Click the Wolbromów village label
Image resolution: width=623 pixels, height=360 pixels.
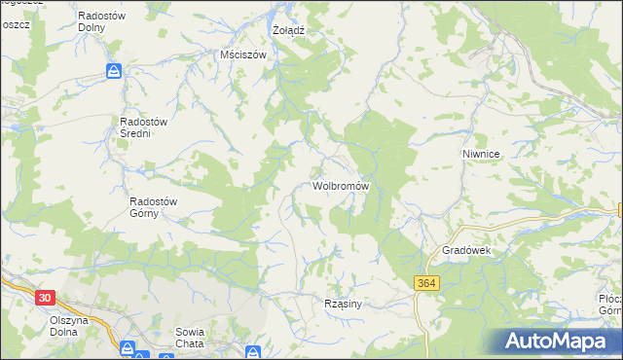(x=340, y=185)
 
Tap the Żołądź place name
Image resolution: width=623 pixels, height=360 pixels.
(x=288, y=30)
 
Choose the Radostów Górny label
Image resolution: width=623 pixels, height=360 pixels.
(x=153, y=207)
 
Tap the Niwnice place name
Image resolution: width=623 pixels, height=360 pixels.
(x=481, y=154)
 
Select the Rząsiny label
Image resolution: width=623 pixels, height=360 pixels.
(x=343, y=304)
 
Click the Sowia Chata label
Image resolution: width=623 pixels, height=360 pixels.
(x=189, y=337)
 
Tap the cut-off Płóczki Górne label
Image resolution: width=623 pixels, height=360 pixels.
(x=610, y=305)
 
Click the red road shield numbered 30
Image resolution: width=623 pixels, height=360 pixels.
(x=42, y=296)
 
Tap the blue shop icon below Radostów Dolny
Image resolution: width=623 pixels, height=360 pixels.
(x=114, y=71)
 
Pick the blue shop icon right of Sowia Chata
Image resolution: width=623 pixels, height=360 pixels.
(x=252, y=352)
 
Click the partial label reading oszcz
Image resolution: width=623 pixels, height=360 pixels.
(x=15, y=23)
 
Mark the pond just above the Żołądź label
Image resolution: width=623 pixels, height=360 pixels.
(x=273, y=17)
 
